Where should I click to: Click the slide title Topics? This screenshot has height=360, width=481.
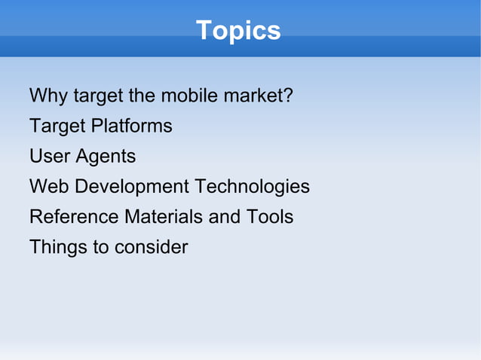pos(238,31)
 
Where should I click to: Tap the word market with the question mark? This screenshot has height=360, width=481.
pos(256,96)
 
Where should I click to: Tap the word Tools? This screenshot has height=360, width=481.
pos(270,217)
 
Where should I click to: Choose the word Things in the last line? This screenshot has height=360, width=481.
pos(58,248)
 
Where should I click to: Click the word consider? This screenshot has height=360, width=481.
pos(152,247)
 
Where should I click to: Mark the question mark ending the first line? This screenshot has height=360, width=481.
pos(288,96)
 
